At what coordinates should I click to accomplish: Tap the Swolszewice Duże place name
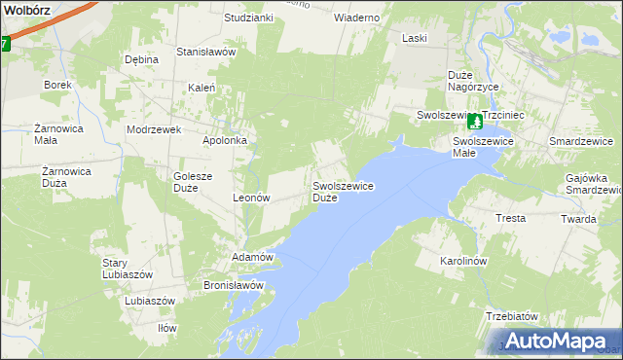pos(344,191)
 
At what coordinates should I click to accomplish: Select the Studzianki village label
pos(248,18)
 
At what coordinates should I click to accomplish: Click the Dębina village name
pos(141,59)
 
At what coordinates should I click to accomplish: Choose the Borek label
pos(57,85)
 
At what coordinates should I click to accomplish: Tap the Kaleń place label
pos(201,88)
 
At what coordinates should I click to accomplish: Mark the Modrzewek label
pos(149,128)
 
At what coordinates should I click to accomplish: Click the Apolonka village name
pos(225,140)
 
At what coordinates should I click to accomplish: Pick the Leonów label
pos(251,197)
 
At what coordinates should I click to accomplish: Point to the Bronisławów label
pos(234,285)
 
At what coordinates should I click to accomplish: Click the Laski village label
pos(416,38)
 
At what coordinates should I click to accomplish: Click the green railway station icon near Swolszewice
pos(474,122)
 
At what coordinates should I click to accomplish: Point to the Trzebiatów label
pos(512,317)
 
